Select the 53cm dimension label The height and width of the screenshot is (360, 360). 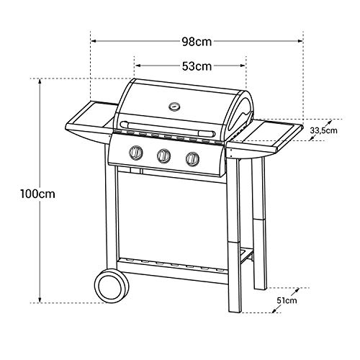point(196,66)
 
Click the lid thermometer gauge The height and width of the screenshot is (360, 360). point(174,107)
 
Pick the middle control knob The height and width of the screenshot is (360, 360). point(164,156)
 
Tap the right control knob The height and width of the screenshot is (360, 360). point(192,158)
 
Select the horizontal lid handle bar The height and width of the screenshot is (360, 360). point(167,130)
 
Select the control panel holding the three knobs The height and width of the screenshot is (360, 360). point(166,156)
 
